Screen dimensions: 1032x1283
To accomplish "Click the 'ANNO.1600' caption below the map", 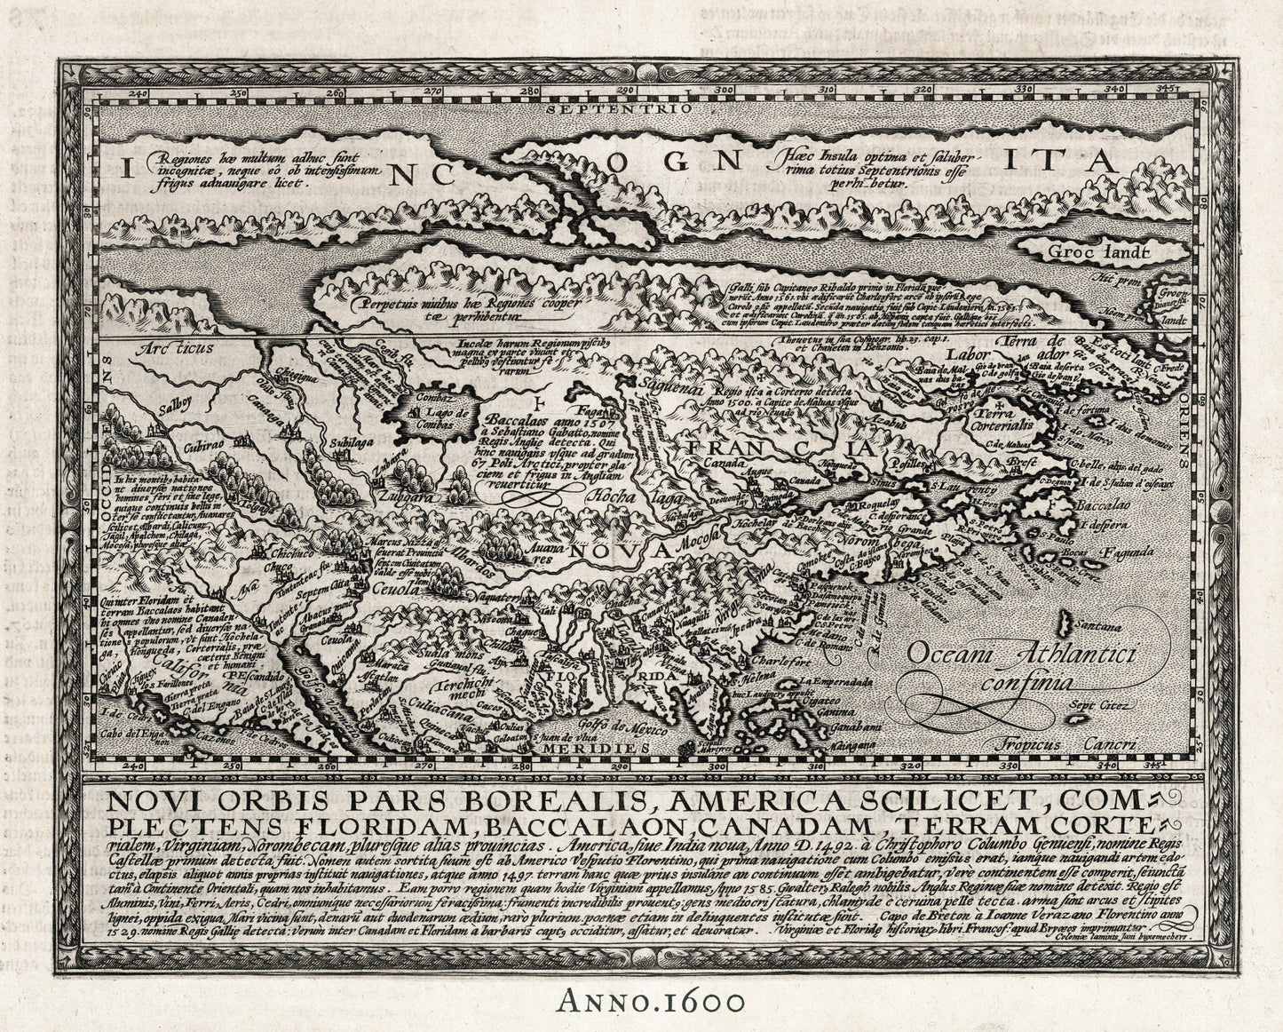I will (641, 1001).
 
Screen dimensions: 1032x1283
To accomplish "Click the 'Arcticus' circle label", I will (174, 349).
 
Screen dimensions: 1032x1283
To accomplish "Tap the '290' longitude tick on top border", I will (626, 90).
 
